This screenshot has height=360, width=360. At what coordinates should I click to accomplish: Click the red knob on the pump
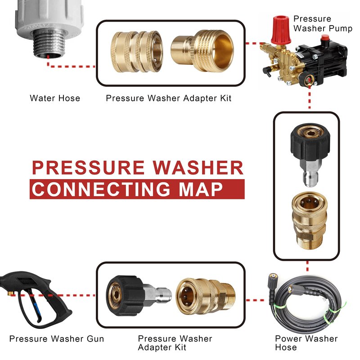click(x=280, y=30)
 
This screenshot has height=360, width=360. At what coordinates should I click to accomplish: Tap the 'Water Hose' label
click(x=55, y=98)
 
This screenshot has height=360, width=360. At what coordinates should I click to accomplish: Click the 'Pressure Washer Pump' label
click(x=323, y=23)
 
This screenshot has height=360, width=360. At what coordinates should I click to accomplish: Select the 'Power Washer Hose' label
click(x=306, y=343)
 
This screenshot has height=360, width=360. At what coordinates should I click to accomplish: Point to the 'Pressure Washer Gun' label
click(x=57, y=339)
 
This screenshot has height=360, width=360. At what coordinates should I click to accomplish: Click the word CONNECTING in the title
click(x=101, y=189)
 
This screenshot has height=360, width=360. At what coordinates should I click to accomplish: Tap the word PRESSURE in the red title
click(x=88, y=167)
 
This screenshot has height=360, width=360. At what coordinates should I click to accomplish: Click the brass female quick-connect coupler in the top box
click(x=137, y=52)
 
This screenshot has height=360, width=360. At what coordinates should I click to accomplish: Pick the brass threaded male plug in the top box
click(x=202, y=50)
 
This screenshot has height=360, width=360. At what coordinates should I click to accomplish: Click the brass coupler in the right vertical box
click(x=310, y=220)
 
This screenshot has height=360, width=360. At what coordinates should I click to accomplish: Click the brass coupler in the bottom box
click(x=206, y=296)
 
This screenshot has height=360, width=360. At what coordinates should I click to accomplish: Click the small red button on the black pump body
click(x=324, y=38)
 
